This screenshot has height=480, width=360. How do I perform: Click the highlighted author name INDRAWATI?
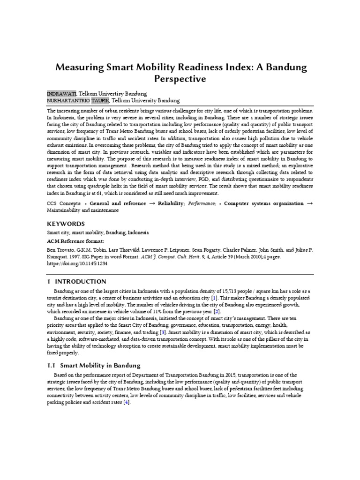click(60, 93)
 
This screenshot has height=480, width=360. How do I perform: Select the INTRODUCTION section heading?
click(81, 281)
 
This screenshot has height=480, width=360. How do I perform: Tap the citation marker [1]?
click(214, 298)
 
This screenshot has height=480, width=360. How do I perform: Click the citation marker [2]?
click(217, 311)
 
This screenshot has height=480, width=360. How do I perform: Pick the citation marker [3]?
click(162, 332)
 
